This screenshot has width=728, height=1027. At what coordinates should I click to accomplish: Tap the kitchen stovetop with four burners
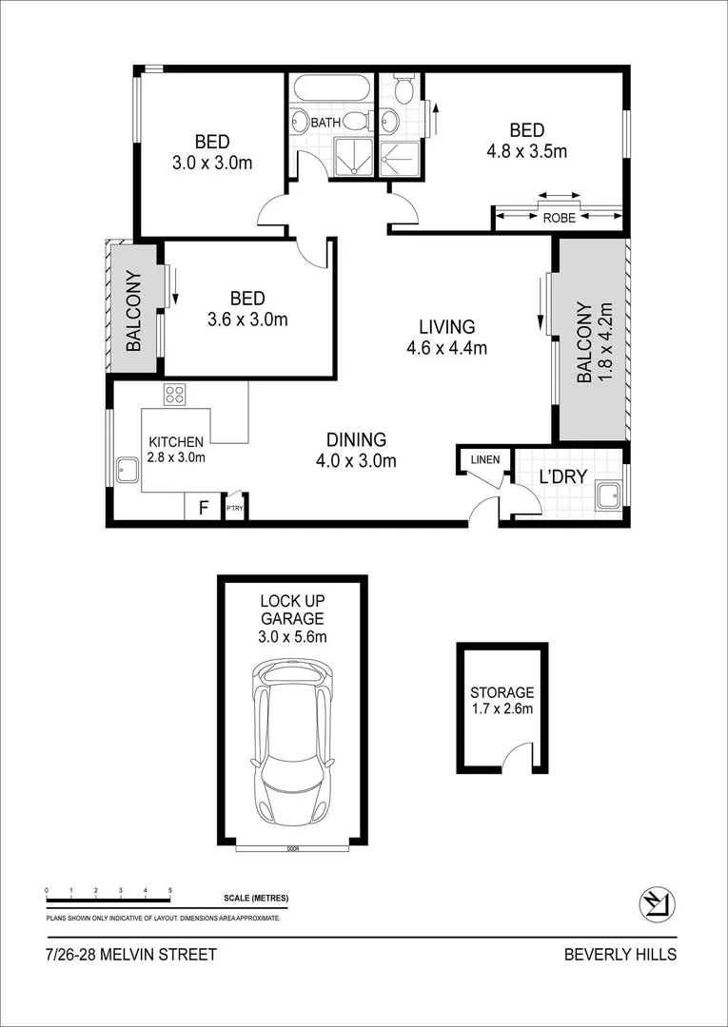click(x=174, y=394)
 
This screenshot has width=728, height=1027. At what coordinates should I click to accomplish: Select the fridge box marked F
click(x=202, y=507)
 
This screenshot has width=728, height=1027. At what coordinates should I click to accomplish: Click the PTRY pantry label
click(x=234, y=509)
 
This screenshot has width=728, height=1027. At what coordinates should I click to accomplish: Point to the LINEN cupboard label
click(x=484, y=460)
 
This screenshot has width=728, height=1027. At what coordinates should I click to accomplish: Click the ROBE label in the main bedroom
click(x=559, y=218)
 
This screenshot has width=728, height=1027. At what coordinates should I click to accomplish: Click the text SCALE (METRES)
click(x=256, y=899)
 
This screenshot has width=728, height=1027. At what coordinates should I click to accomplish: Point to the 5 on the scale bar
click(x=170, y=890)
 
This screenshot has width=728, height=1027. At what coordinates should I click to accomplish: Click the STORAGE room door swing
click(x=517, y=757)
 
